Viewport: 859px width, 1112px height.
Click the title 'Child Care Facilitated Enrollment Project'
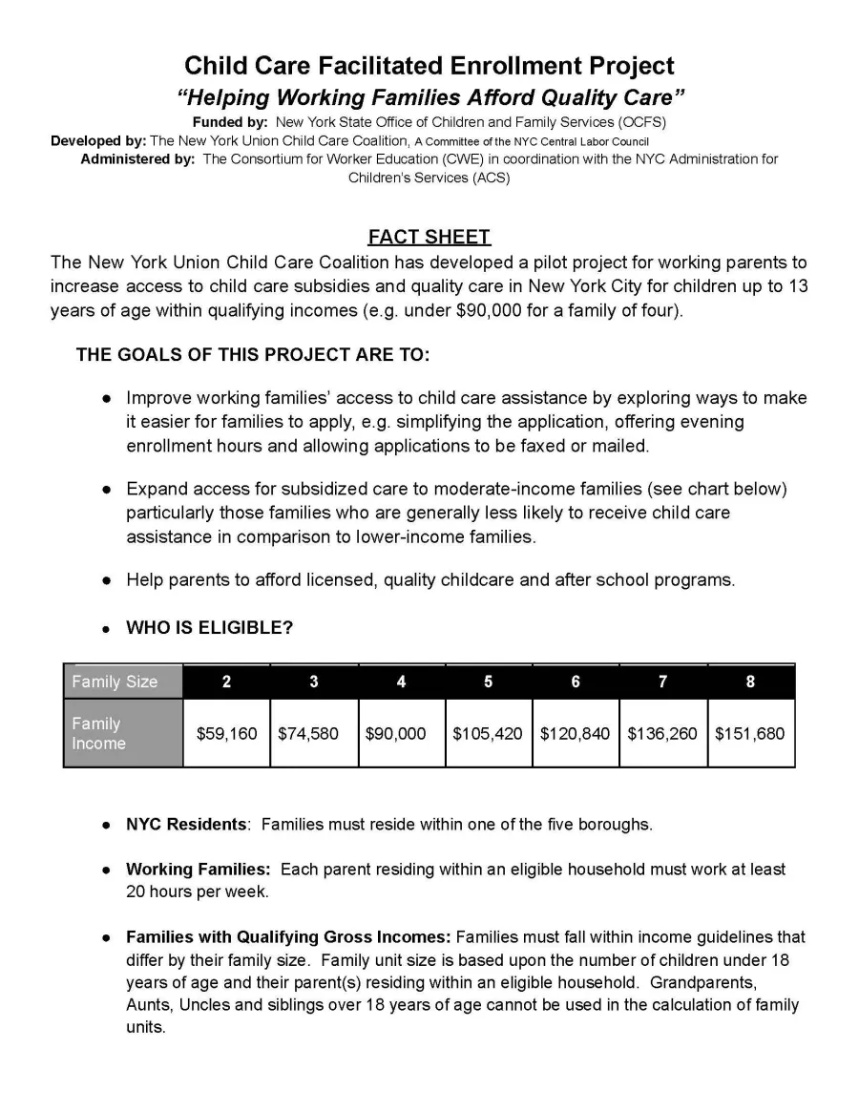429,66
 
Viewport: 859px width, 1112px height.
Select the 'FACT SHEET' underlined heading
429,237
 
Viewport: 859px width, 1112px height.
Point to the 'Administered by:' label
137,159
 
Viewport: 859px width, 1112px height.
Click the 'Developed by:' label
98,140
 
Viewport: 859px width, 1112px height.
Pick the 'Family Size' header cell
122,682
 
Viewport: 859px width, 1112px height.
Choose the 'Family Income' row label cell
122,733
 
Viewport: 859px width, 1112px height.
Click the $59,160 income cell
226,734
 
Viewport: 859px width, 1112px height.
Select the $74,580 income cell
313,734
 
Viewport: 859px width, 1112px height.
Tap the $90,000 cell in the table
401,734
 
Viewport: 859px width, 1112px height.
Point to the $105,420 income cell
488,734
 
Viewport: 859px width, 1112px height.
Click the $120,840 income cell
575,734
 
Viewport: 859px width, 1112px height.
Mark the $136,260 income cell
662,734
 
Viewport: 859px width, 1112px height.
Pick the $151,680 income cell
749,734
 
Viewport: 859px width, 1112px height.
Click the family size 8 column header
750,682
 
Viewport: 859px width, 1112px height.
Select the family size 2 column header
226,682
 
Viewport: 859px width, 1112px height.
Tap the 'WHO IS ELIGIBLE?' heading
209,628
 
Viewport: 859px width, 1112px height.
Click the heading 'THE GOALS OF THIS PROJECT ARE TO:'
253,355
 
